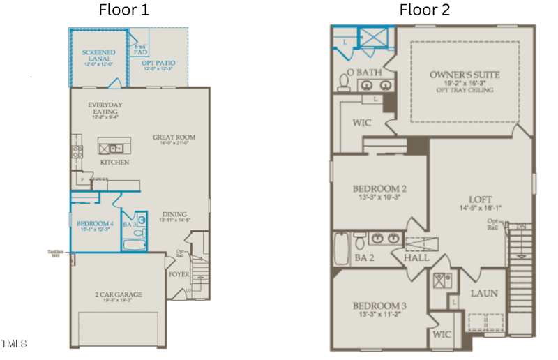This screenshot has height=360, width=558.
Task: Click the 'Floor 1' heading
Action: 123,10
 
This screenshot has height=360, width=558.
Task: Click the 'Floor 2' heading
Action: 424,10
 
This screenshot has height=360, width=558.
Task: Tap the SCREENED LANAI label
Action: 98,56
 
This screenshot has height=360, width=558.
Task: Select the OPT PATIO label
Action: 159,63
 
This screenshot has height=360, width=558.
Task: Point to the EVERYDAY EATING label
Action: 105,109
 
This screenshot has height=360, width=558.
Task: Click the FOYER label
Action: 179,274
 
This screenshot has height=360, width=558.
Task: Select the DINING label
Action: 174,214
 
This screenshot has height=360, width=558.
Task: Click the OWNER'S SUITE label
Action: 465,75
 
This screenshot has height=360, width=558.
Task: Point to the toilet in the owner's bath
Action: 343,83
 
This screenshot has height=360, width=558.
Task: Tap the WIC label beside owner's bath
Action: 362,123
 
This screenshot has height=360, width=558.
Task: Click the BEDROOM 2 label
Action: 379,188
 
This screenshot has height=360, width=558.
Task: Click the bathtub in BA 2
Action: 341,249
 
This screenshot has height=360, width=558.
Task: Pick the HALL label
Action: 416,257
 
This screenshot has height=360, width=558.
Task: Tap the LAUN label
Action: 483,293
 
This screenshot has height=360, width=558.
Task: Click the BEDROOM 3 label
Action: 379,306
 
